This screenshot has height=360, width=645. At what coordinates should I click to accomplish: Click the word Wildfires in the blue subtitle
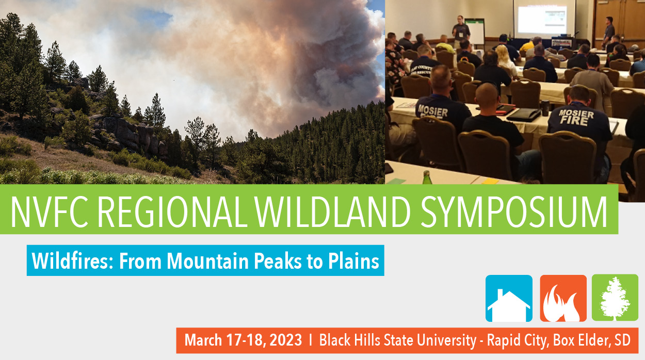pyautogui.click(x=72, y=261)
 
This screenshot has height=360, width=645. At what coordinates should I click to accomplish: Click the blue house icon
pyautogui.click(x=509, y=299)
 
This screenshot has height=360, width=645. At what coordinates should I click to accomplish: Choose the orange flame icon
pyautogui.click(x=563, y=299)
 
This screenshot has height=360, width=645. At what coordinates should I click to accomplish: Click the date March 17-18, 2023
pyautogui.click(x=243, y=340)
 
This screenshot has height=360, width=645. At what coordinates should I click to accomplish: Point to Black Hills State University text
pyautogui.click(x=397, y=340)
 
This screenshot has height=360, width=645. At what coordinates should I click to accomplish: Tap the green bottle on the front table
pyautogui.click(x=426, y=178)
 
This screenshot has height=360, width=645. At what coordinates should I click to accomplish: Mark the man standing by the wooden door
pyautogui.click(x=609, y=31)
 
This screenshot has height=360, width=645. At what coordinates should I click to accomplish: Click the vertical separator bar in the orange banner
pyautogui.click(x=311, y=340)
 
